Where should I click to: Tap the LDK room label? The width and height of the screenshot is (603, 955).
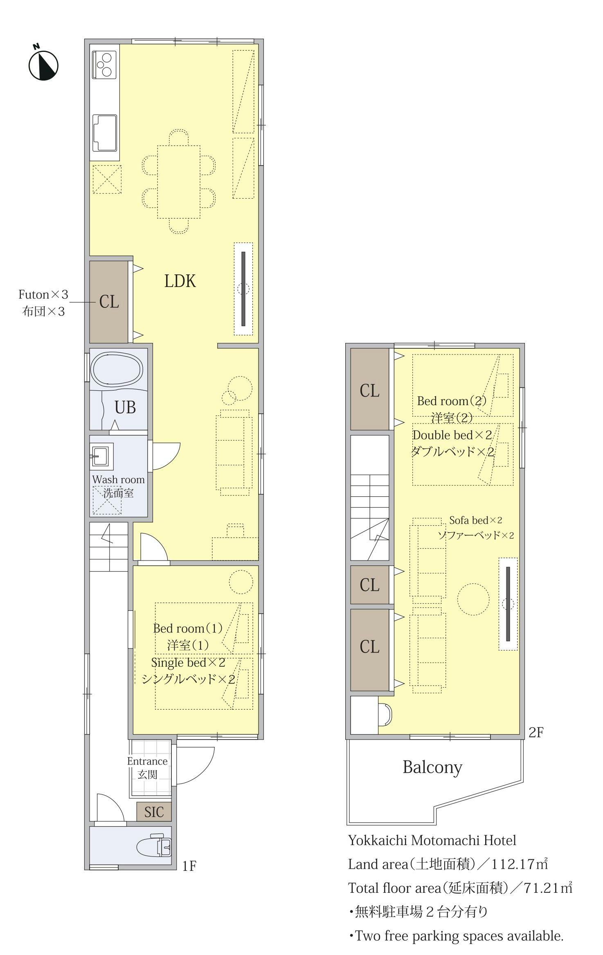tap(180, 281)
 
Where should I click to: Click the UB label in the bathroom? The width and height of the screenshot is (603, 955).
tap(125, 407)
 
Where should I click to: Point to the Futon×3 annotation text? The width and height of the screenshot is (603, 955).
tap(43, 294)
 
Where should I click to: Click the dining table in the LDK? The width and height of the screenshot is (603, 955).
tap(179, 182)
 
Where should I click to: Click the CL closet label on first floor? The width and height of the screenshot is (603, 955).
tap(109, 302)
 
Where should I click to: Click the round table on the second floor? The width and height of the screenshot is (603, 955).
tap(473, 599)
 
